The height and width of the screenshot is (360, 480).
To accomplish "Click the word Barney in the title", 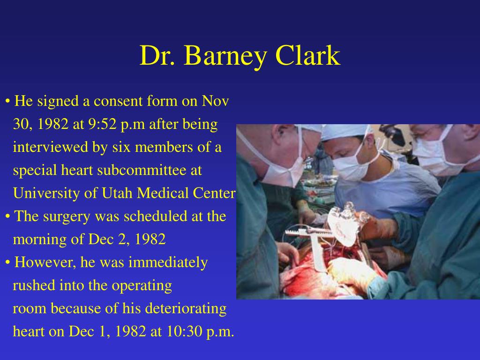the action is [x=225, y=56].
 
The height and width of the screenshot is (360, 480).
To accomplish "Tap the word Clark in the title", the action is [x=307, y=55].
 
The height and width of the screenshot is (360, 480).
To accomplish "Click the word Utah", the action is [x=117, y=193].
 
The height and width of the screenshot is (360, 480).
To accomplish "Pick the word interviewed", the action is [x=51, y=147].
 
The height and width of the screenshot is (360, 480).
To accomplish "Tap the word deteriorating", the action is [x=186, y=308].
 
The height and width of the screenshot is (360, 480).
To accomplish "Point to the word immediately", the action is [x=168, y=263].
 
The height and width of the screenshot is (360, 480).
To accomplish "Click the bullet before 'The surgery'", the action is [x=7, y=217].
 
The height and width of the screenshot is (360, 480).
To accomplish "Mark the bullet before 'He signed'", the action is [x=7, y=101].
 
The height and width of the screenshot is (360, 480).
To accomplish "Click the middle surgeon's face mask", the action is [x=352, y=166].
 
